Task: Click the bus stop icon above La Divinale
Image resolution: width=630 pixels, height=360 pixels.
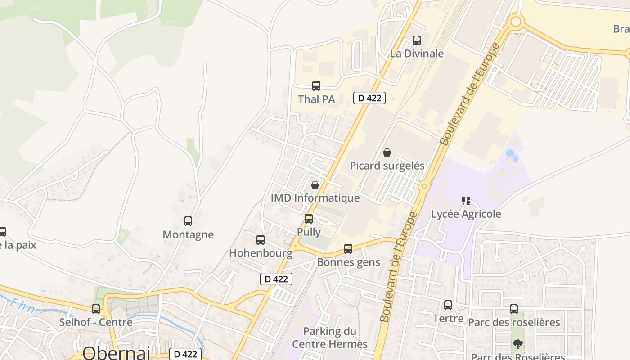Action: point(417,40)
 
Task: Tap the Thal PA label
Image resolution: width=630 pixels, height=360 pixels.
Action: point(317,99)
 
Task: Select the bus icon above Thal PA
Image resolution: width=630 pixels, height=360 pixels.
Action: point(316,86)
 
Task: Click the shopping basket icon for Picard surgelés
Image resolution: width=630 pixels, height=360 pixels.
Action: point(387,153)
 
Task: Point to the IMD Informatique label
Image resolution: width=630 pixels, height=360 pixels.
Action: point(315,198)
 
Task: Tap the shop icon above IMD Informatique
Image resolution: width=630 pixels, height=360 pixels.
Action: point(315,185)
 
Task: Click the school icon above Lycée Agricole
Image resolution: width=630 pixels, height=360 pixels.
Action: point(466,201)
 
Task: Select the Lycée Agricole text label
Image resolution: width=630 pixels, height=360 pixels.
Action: point(466,214)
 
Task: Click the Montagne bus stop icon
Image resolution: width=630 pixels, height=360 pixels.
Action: point(188,221)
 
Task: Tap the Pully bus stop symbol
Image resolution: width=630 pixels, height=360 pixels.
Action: point(309,219)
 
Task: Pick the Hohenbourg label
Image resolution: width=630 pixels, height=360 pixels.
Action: point(261,253)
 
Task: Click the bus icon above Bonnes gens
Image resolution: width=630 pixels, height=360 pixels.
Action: point(348,249)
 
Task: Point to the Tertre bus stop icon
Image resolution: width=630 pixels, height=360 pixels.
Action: point(448,305)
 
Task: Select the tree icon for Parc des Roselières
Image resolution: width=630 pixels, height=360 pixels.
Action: point(518,344)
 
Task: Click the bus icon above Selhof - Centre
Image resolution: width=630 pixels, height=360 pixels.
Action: point(96,309)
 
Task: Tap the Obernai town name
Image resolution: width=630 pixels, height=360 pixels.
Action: point(116,353)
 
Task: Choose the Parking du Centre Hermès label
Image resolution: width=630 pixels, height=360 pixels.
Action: point(330,337)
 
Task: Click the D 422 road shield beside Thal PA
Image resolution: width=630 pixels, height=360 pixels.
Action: point(369,98)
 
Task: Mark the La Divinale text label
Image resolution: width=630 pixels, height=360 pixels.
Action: point(417,54)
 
